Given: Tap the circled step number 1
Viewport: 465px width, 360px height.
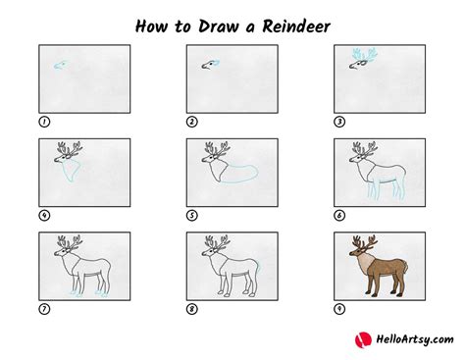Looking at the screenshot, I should tap(44, 122).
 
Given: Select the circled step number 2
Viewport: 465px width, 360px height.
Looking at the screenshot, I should tap(191, 122).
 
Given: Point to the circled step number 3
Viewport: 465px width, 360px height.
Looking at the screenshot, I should tap(338, 122).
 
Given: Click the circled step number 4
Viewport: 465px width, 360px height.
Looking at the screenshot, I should tap(44, 216).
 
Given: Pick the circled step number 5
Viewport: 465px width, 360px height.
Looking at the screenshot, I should tap(191, 216).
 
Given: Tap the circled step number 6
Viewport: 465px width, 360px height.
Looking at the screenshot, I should tap(338, 216).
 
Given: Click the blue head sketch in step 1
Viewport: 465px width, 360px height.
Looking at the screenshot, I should tap(62, 67).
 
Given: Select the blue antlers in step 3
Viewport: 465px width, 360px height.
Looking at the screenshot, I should tap(362, 57).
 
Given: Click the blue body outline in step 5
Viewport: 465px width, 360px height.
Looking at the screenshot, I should tap(235, 175).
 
